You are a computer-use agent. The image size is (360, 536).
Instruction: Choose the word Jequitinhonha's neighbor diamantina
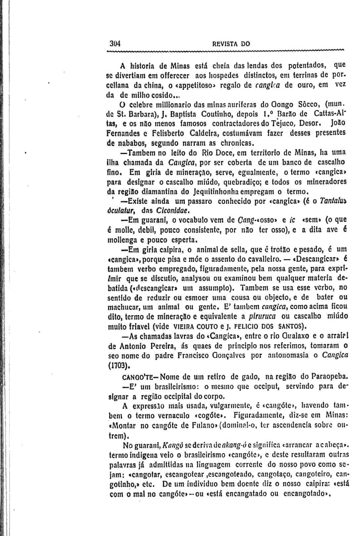[160, 192]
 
